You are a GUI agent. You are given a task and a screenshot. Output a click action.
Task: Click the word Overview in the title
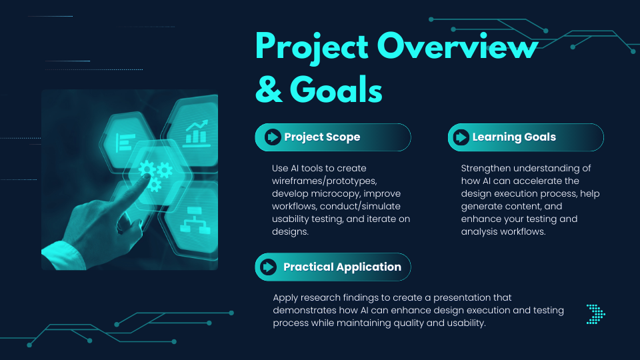[457, 46]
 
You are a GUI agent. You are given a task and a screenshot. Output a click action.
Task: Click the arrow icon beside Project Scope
[272, 137]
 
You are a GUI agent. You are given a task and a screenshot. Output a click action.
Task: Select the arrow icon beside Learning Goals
[461, 137]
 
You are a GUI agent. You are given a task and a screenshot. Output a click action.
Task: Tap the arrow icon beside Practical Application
[268, 267]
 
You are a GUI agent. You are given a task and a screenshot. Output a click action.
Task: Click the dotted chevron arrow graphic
[596, 314]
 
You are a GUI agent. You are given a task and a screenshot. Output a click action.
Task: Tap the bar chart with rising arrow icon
[197, 132]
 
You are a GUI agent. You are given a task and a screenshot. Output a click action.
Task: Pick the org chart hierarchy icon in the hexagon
[195, 221]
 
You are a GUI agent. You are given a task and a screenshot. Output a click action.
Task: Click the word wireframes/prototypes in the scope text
[325, 181]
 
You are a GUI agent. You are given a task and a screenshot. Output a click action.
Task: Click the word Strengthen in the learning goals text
[486, 168]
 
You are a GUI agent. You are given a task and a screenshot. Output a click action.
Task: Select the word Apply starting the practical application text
[285, 298]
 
